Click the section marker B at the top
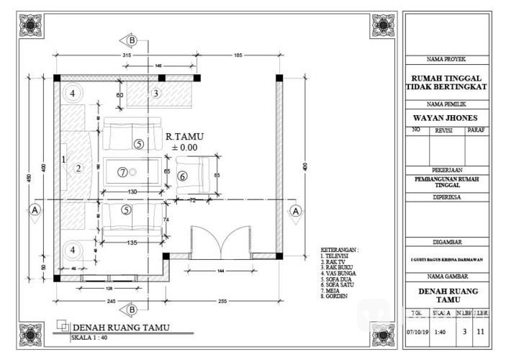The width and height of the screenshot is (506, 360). coord(132,40)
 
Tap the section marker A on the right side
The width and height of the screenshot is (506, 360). coord(296,210)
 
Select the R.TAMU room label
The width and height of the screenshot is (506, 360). coord(184,135)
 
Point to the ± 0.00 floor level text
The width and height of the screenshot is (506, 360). coord(184,148)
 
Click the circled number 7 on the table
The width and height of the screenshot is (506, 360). coord(123,172)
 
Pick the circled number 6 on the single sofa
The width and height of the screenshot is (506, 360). coord(182,176)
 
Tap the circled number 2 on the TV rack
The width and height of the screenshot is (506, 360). coord(77,168)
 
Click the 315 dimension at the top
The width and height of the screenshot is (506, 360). coord(127,55)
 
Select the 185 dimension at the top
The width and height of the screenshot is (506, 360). coord(238,55)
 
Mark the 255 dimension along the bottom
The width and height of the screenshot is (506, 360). coord(223,301)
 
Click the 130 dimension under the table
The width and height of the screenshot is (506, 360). coord(132,192)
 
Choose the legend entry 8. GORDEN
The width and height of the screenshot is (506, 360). coord(335,295)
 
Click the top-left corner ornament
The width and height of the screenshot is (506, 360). coord(31,26)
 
